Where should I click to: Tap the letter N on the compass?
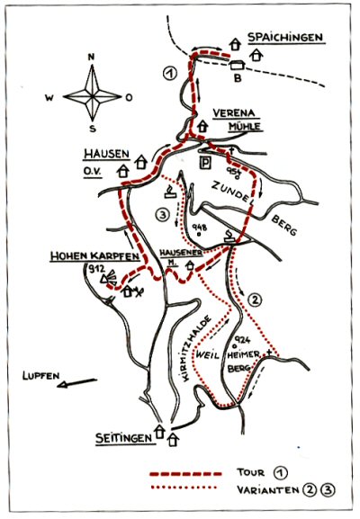click(x=91, y=57)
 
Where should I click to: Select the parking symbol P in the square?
click(x=204, y=162)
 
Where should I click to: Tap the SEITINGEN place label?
click(x=124, y=438)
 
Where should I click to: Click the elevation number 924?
click(x=239, y=340)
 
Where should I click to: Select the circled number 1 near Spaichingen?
click(x=167, y=74)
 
